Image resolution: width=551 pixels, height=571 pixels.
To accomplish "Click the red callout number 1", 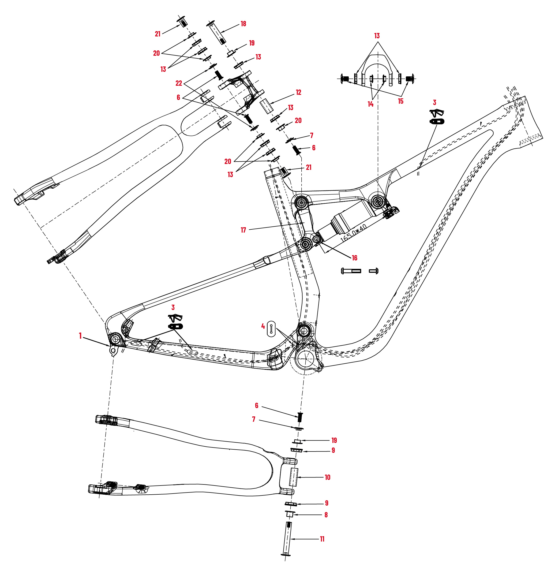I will pyautogui.click(x=80, y=336).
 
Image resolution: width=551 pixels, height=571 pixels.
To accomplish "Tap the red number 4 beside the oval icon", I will pyautogui.click(x=263, y=326).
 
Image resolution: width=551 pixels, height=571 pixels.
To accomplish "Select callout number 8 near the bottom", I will pyautogui.click(x=326, y=515).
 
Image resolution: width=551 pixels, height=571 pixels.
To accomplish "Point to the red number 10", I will pyautogui.click(x=327, y=477).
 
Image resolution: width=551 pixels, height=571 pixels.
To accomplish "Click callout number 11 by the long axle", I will pyautogui.click(x=322, y=539).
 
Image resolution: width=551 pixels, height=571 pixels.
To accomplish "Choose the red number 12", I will pyautogui.click(x=298, y=92).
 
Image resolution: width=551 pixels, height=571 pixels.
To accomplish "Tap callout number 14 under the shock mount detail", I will pyautogui.click(x=370, y=104).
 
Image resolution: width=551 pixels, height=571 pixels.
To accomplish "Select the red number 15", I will pyautogui.click(x=401, y=101).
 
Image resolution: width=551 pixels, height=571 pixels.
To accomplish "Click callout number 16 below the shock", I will pyautogui.click(x=354, y=258).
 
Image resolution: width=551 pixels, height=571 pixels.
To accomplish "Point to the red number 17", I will pyautogui.click(x=243, y=230).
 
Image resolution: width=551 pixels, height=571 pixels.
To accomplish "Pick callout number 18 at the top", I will pyautogui.click(x=243, y=24).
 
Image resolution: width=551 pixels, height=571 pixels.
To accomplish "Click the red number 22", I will pyautogui.click(x=179, y=83).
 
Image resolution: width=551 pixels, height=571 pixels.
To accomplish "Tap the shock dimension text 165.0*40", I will pyautogui.click(x=353, y=233).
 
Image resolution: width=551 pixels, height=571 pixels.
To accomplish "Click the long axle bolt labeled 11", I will pyautogui.click(x=287, y=539).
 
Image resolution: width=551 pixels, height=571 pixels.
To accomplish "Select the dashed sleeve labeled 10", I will pyautogui.click(x=294, y=477).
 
